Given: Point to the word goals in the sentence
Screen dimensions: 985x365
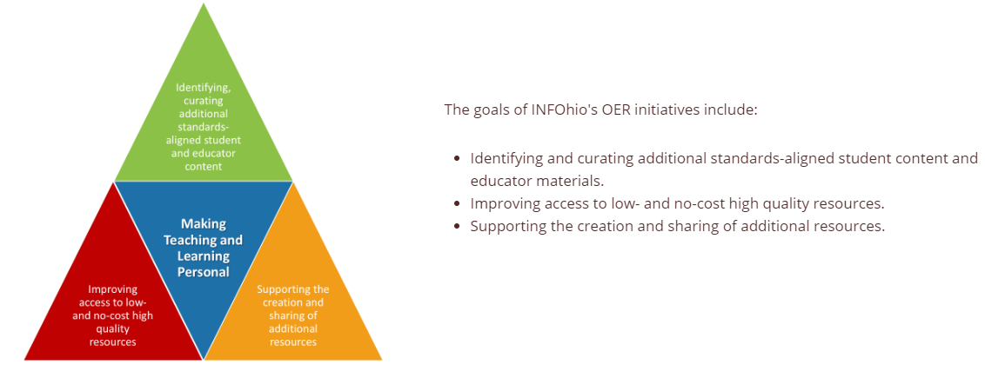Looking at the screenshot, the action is point(490,110).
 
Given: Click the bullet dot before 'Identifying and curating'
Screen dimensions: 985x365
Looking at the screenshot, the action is point(457,158).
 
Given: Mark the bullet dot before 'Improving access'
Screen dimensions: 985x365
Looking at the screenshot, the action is point(457,204).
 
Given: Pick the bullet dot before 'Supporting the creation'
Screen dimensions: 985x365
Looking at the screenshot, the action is point(457,227).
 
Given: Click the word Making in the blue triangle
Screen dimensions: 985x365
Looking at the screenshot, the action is point(204,223).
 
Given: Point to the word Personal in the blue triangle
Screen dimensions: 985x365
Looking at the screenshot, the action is point(203,272).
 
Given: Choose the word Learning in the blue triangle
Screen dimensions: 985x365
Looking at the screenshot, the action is point(203,255).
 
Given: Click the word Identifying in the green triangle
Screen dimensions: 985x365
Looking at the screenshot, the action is point(204,87).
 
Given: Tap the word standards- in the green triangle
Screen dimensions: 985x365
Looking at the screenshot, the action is point(204,127).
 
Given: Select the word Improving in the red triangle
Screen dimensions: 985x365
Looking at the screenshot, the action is point(113,289).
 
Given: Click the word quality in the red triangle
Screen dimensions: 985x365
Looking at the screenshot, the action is point(113,329).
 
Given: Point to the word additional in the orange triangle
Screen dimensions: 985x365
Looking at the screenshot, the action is point(292,328).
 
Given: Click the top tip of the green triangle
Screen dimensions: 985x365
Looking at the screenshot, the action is point(203,3).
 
